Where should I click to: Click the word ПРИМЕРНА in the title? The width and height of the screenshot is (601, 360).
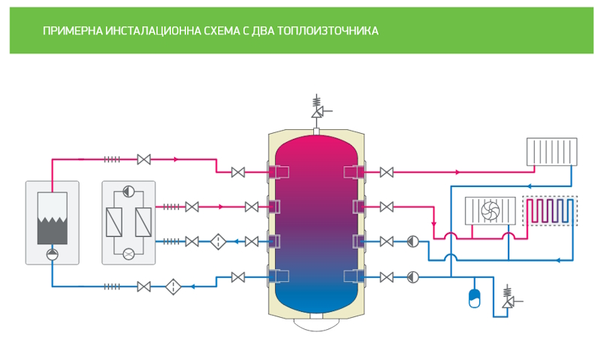71,31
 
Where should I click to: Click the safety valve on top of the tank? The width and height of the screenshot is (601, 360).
317,109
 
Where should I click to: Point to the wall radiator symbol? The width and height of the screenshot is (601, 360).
552,151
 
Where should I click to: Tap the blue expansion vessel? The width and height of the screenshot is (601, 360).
475,298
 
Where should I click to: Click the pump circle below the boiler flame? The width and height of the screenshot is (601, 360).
52,253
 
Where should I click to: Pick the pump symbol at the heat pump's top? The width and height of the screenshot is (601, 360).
128,191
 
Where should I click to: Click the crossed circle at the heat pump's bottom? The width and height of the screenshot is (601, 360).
128,253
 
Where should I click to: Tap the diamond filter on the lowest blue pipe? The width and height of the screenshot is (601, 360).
173,286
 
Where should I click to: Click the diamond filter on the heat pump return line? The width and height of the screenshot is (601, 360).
219,241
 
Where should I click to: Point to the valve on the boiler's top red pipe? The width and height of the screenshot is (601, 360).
144,159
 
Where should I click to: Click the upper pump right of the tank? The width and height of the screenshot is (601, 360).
412,241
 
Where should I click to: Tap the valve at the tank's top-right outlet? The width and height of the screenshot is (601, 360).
387,172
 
